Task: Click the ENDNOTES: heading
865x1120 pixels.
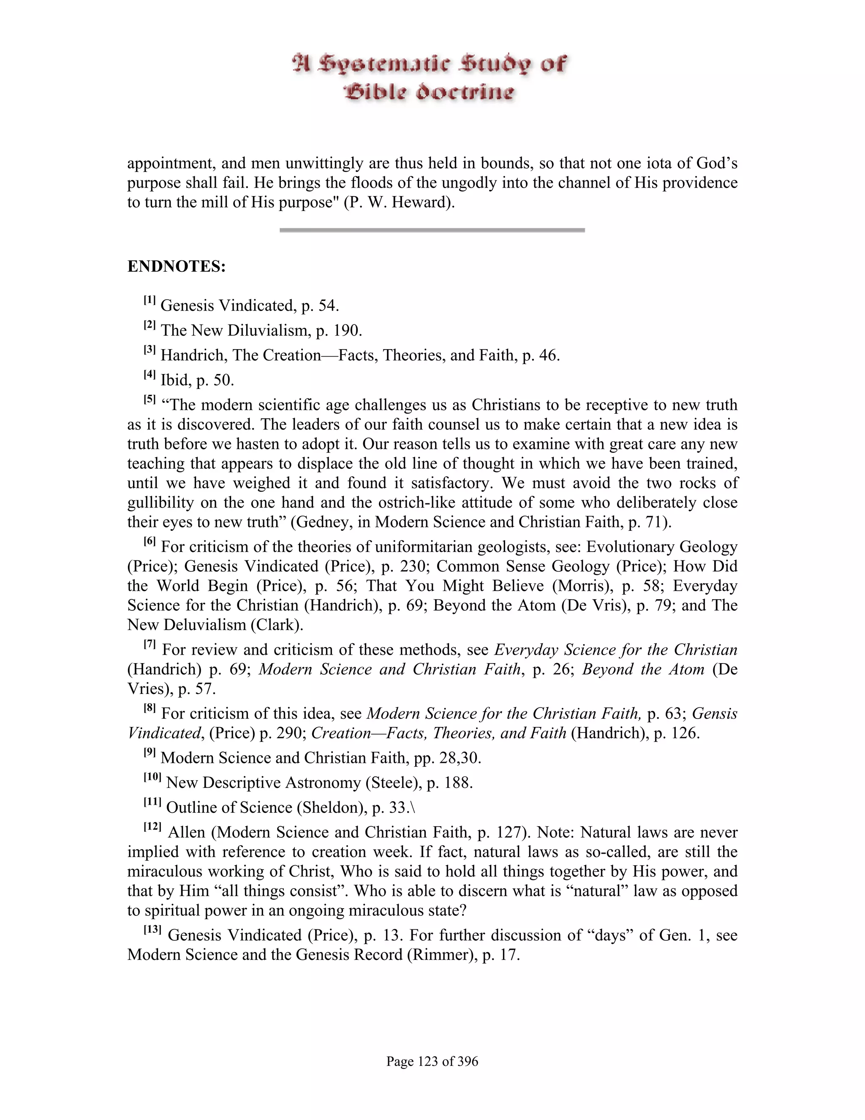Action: pyautogui.click(x=176, y=267)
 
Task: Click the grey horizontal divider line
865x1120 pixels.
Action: pyautogui.click(x=432, y=230)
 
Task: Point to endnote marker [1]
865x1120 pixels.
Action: pyautogui.click(x=149, y=300)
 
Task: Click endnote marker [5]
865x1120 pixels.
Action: pyautogui.click(x=149, y=400)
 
